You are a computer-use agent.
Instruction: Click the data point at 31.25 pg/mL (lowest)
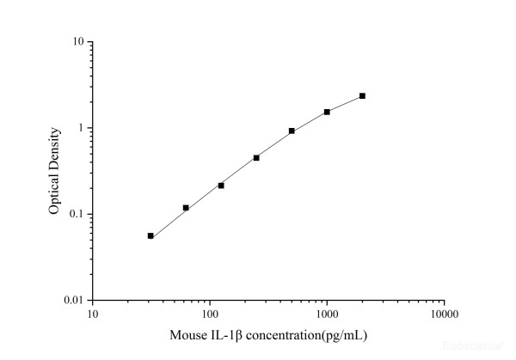(150, 235)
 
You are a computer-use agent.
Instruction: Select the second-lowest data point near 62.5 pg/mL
(186, 208)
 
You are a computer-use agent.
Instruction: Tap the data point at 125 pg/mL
(221, 186)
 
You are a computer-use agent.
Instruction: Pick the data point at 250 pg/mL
(256, 158)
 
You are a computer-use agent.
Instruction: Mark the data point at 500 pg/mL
(292, 131)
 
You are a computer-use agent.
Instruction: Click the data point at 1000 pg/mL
(327, 112)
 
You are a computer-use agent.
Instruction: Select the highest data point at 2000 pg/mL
(362, 95)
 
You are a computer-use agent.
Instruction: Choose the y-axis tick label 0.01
(74, 301)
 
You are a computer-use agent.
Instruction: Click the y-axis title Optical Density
(54, 171)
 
